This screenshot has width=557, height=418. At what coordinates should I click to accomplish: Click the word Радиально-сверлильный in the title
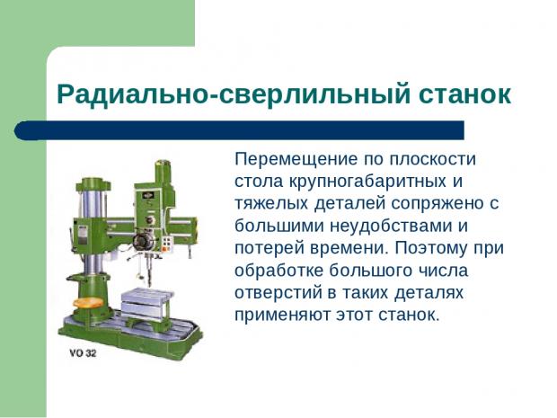tap(234, 95)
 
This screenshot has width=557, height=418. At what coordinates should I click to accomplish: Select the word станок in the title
tap(464, 95)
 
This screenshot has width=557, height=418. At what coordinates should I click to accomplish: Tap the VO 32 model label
tap(83, 353)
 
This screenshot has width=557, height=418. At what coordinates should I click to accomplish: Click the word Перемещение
tap(296, 160)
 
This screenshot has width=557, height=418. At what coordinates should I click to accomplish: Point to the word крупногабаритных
tap(367, 182)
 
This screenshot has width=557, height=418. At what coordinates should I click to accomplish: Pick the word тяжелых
tap(271, 204)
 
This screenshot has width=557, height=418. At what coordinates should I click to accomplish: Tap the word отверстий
tap(278, 293)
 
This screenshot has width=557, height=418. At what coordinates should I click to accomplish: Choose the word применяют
tap(282, 316)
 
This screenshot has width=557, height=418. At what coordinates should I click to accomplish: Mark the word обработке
tap(278, 271)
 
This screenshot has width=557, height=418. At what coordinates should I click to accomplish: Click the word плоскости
tap(433, 160)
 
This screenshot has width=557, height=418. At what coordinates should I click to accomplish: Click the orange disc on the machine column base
tap(88, 303)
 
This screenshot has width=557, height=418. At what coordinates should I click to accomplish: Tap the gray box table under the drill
tap(147, 305)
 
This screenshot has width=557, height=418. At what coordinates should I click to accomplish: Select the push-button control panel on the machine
tap(166, 244)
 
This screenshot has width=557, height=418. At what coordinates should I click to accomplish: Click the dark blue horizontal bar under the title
tap(239, 130)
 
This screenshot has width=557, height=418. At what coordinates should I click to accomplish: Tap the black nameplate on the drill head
tap(147, 195)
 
